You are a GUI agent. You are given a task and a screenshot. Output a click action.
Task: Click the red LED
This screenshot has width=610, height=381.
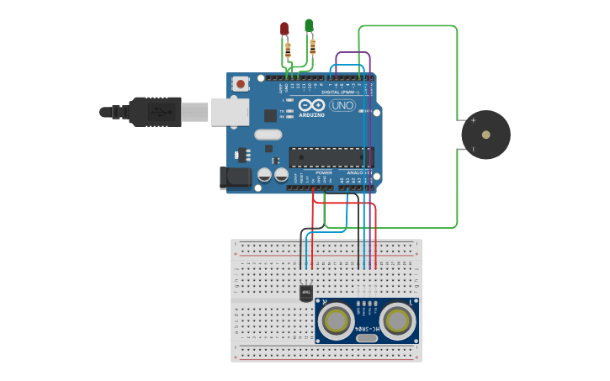point(284,29)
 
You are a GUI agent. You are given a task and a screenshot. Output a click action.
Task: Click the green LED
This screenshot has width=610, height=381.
point(309,25)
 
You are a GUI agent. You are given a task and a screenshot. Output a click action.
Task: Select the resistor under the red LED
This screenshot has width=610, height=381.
point(289,50)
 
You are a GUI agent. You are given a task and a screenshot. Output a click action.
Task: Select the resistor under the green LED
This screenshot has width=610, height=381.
point(313,46)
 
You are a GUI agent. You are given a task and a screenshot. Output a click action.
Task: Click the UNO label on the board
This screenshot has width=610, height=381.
point(342,105)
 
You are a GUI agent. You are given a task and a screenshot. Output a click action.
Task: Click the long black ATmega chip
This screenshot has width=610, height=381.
point(331,157)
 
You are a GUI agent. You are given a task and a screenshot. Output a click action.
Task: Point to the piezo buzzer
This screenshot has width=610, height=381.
point(485,135)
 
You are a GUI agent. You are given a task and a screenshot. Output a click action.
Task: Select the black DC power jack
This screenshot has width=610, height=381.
point(235,177)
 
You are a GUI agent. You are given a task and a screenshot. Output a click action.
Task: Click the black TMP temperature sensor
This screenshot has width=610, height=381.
point(306,293)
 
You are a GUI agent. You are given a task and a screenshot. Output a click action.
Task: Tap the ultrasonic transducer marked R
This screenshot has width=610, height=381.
point(337,320)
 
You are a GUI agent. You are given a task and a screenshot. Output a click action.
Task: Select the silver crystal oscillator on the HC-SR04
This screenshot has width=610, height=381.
point(366,338)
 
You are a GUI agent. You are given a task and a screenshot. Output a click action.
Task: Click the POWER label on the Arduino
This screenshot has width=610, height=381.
point(324,172)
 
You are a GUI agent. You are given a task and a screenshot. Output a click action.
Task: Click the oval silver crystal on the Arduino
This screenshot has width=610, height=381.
point(268,135)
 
